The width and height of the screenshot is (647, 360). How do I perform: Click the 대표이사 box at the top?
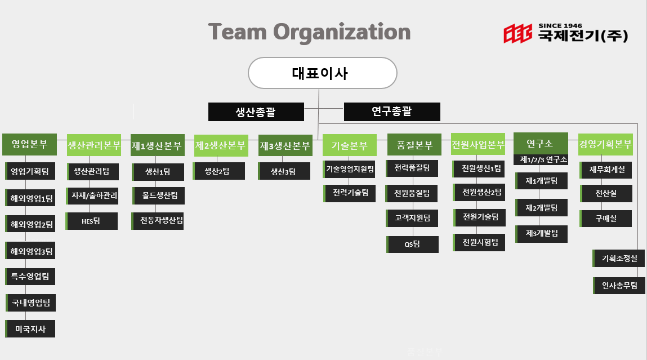click(323, 73)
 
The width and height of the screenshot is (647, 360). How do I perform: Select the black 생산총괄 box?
click(256, 112)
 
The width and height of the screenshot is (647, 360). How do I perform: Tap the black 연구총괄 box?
click(391, 112)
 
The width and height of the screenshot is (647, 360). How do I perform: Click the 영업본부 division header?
click(30, 144)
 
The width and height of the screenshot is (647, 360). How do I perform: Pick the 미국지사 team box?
click(30, 329)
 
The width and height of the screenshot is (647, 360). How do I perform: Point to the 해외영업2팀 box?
click(30, 224)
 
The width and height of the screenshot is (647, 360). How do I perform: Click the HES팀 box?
click(91, 221)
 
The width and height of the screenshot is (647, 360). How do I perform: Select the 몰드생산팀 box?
click(158, 195)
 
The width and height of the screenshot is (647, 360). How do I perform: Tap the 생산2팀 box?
click(218, 171)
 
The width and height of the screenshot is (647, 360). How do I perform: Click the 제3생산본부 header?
click(285, 146)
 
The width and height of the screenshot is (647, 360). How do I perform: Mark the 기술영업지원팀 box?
click(350, 168)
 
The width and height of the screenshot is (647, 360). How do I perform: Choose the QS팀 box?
click(412, 244)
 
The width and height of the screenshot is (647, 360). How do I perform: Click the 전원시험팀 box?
click(479, 242)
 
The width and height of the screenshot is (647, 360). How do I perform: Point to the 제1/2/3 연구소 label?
click(541, 160)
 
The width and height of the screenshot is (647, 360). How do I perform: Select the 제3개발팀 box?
click(541, 233)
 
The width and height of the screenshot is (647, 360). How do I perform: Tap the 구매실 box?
click(606, 219)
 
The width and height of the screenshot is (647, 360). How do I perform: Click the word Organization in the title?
click(342, 32)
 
